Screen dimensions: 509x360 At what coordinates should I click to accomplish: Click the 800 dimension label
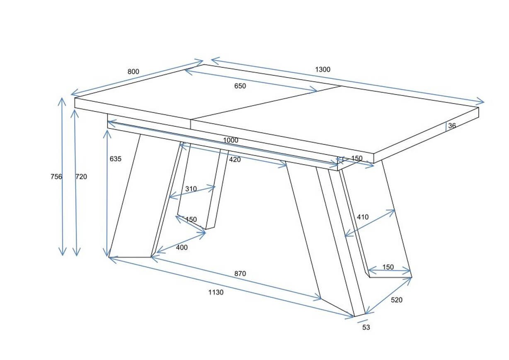pyautogui.click(x=133, y=72)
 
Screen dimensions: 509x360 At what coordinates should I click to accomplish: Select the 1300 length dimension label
pyautogui.click(x=322, y=69)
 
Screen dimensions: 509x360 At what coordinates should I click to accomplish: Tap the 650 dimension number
pyautogui.click(x=240, y=86)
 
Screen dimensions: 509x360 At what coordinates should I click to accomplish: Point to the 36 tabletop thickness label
pyautogui.click(x=452, y=126)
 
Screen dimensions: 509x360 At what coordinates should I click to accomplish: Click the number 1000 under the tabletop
pyautogui.click(x=230, y=140)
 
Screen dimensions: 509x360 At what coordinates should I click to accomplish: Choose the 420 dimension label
pyautogui.click(x=235, y=160)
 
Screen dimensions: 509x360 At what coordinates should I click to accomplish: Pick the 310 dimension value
pyautogui.click(x=191, y=189)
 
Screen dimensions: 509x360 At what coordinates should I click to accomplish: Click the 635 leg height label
pyautogui.click(x=115, y=159)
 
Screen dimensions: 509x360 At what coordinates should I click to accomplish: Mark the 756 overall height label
pyautogui.click(x=56, y=177)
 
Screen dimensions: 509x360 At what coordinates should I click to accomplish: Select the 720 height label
pyautogui.click(x=81, y=177)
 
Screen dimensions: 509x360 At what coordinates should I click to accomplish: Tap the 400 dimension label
pyautogui.click(x=182, y=247)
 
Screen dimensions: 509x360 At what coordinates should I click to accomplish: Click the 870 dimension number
pyautogui.click(x=240, y=273)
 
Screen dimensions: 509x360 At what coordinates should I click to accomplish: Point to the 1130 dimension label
pyautogui.click(x=216, y=292)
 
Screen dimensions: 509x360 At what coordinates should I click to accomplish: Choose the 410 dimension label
pyautogui.click(x=363, y=217)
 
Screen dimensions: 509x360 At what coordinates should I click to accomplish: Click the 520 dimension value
pyautogui.click(x=397, y=300)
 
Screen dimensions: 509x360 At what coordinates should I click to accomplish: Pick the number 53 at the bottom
pyautogui.click(x=366, y=327)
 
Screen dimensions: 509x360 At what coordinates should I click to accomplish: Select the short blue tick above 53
pyautogui.click(x=362, y=321)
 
